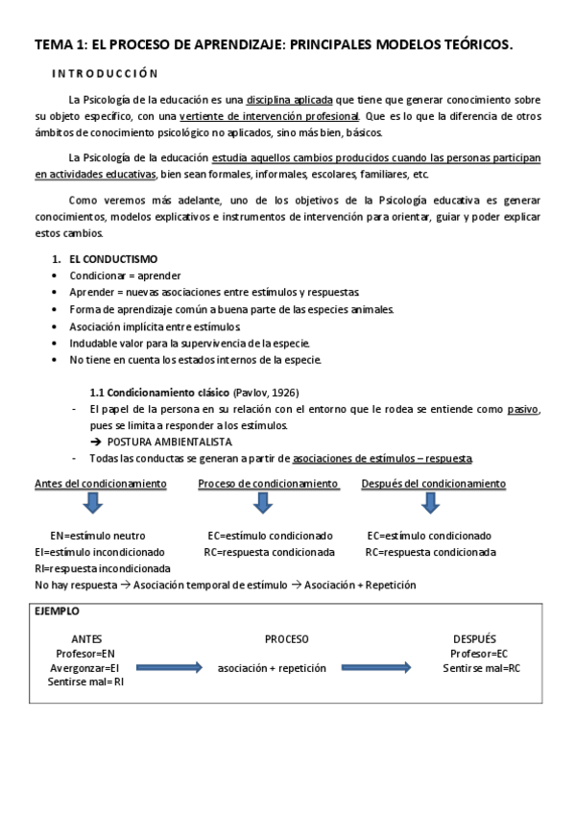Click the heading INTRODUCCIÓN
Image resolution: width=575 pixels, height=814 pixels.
105,73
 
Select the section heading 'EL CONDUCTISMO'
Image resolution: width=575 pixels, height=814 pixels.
113,259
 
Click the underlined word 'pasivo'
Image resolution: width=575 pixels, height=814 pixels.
523,409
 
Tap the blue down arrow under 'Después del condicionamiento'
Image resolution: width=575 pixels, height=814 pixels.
432,504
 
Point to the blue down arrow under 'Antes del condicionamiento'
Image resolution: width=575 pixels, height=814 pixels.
93,504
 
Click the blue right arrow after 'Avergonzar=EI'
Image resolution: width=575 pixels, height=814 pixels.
169,668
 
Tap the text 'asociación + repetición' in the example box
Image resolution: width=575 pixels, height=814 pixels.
272,668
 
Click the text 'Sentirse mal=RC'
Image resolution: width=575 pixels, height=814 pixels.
481,668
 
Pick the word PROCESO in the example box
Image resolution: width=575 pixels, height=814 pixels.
286,638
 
